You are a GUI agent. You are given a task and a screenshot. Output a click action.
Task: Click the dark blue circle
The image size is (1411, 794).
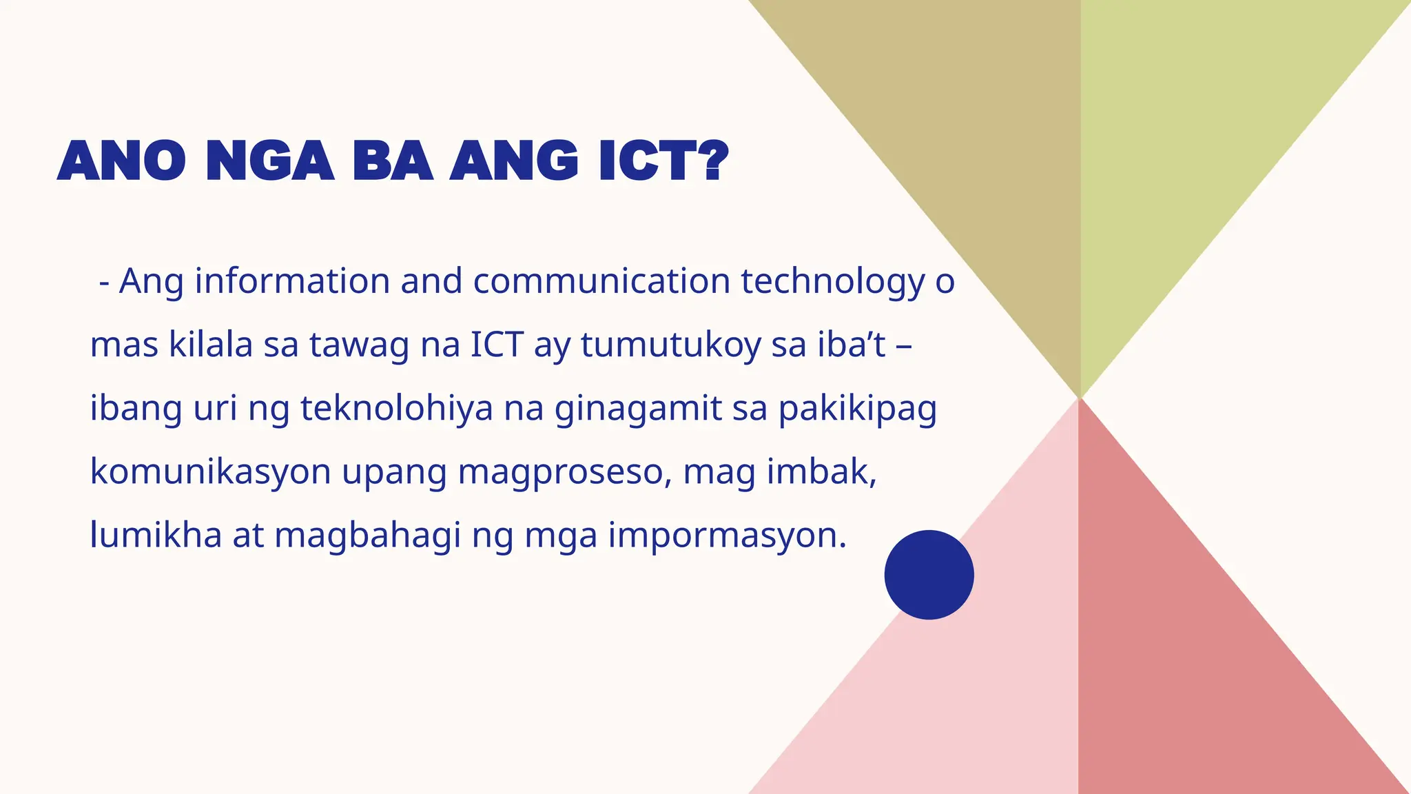pos(929,574)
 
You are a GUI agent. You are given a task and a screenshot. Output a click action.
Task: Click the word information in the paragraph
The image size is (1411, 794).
pos(293,281)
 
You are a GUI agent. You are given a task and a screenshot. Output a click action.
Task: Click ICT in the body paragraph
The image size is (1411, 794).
pos(497,345)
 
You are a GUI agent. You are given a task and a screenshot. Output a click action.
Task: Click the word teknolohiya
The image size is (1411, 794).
pos(397,408)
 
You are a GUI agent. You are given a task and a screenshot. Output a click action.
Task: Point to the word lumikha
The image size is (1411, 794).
pos(156,535)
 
